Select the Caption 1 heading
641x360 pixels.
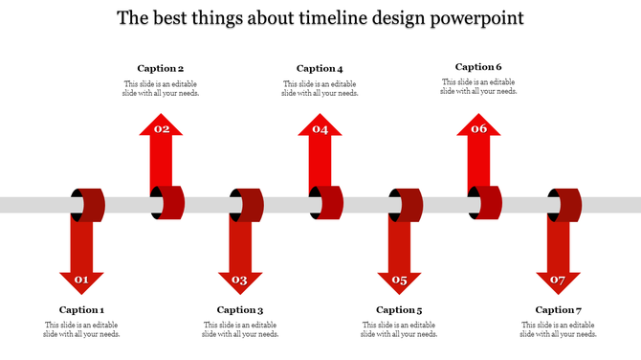coord(81,309)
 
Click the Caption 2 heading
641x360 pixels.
coord(161,68)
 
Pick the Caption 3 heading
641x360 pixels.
coord(240,309)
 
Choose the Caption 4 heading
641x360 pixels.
coord(320,68)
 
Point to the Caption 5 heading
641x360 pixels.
coord(399,309)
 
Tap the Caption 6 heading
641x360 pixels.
coord(478,67)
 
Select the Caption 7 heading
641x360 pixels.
coord(558,309)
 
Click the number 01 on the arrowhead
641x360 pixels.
coord(81,281)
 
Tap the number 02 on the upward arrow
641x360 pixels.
coord(162,128)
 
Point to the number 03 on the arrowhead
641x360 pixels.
coord(240,281)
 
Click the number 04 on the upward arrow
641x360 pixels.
coord(320,128)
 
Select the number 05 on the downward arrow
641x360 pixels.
coord(399,281)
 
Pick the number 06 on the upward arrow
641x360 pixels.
coord(479,128)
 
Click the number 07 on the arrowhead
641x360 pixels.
coord(558,281)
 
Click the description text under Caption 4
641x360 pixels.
coord(320,88)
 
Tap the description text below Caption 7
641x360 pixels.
coord(558,329)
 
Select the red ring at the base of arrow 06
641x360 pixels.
coord(488,203)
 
